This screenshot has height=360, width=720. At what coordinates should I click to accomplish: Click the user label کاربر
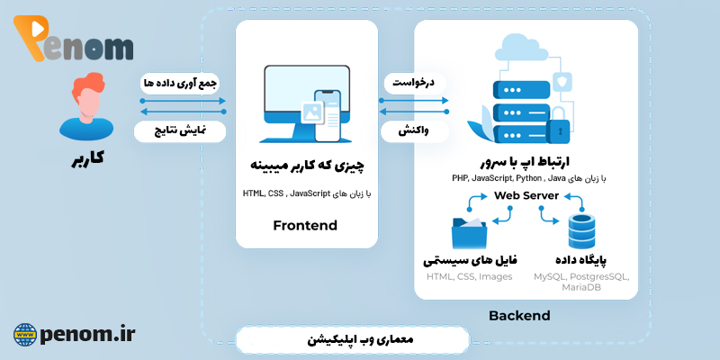tap(87, 158)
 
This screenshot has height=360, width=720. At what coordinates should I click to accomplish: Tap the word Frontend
tap(304, 225)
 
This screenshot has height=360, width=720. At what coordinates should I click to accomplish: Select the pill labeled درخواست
tap(409, 83)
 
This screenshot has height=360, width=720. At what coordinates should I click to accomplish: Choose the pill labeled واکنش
tap(409, 130)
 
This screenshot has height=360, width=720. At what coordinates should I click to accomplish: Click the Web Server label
tap(526, 195)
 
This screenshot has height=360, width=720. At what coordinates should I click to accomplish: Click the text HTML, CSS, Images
tap(469, 276)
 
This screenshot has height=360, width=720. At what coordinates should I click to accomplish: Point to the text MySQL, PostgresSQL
tap(581, 276)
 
